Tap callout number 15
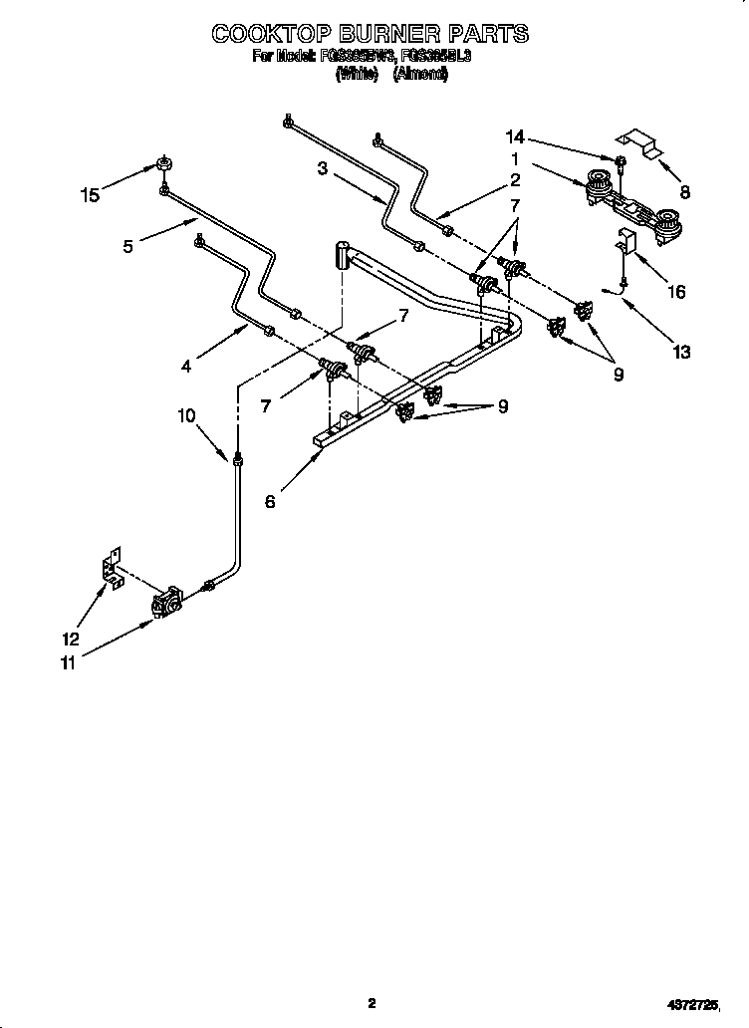pyautogui.click(x=91, y=195)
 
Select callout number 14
pyautogui.click(x=514, y=136)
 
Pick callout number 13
pyautogui.click(x=681, y=351)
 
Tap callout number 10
pyautogui.click(x=187, y=415)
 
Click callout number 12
pyautogui.click(x=71, y=639)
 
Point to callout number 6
pyautogui.click(x=270, y=502)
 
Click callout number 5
pyautogui.click(x=127, y=246)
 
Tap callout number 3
pyautogui.click(x=323, y=168)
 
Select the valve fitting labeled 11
pyautogui.click(x=166, y=604)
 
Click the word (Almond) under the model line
pyautogui.click(x=420, y=74)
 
